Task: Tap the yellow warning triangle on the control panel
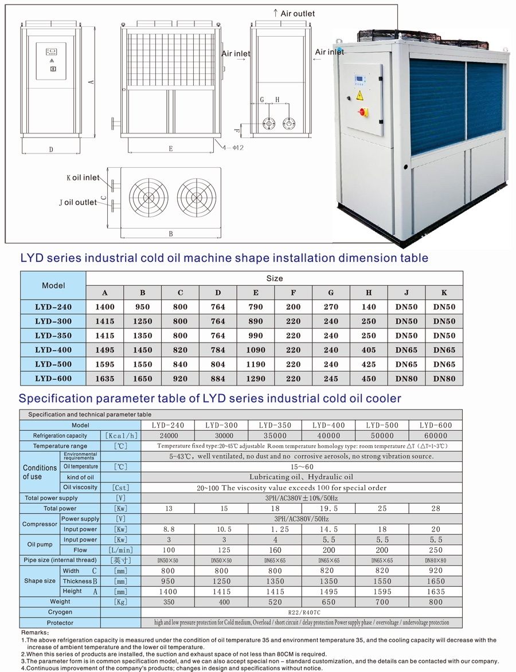[x=359, y=94]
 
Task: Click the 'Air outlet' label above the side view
[x=294, y=13]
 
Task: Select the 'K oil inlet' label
[x=83, y=178]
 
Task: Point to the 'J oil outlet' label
[x=78, y=202]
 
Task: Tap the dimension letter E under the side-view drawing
[x=171, y=149]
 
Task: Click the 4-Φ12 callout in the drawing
[x=234, y=148]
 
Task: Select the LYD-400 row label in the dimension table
[x=53, y=350]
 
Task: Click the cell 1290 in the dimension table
[x=256, y=379]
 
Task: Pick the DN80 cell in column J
[x=406, y=379]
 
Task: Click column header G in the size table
[x=331, y=293]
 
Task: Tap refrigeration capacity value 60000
[x=436, y=435]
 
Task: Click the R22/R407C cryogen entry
[x=301, y=612]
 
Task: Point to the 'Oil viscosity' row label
[x=80, y=488]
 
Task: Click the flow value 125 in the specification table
[x=224, y=550]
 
